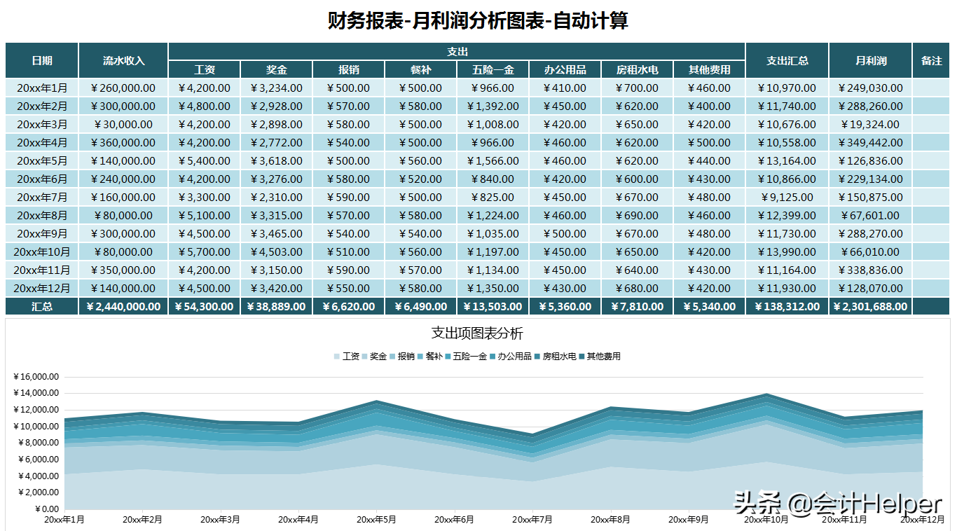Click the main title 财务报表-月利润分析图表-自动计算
click(478, 21)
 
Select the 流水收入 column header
click(123, 60)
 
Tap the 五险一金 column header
click(493, 69)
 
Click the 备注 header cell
click(931, 60)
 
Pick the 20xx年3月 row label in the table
click(42, 125)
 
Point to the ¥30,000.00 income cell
click(123, 125)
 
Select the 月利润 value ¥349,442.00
click(870, 143)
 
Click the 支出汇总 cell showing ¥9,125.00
click(787, 198)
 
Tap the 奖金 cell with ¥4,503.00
click(276, 252)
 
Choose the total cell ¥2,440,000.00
click(123, 306)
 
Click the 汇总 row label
click(42, 306)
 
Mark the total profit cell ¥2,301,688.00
click(870, 306)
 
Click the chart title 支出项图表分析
click(477, 333)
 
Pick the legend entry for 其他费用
click(603, 356)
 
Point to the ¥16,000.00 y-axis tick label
click(36, 377)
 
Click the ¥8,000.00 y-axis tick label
click(36, 443)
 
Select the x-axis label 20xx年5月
click(376, 520)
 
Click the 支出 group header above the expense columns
click(457, 51)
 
